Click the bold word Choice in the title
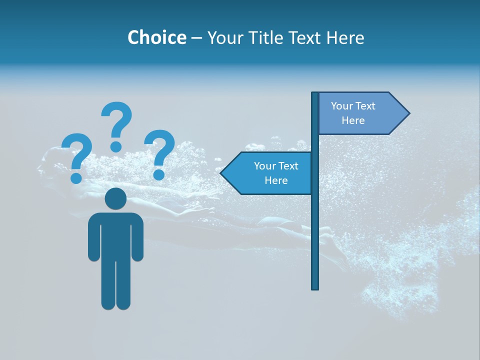pos(156,37)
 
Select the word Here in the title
pos(345,37)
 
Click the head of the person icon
pos(115,198)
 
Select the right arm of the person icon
pos(137,240)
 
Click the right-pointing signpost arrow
pos(360,113)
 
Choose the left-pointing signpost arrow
pos(270,173)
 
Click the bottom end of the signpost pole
pos(315,287)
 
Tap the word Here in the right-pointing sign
pos(353,120)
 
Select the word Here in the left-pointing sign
pos(276,180)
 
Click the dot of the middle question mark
pos(116,146)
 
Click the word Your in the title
pos(223,37)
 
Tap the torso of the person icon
pos(115,235)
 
